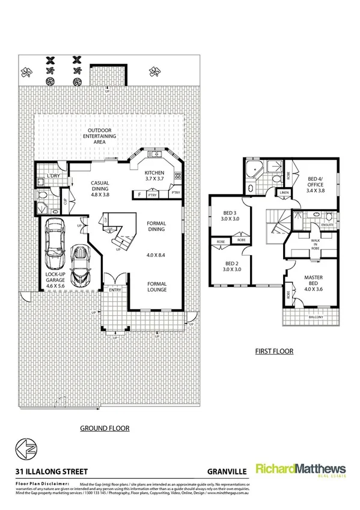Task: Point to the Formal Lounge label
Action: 156,286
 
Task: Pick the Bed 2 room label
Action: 231,266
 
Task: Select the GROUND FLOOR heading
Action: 105,429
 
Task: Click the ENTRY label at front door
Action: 114,290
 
